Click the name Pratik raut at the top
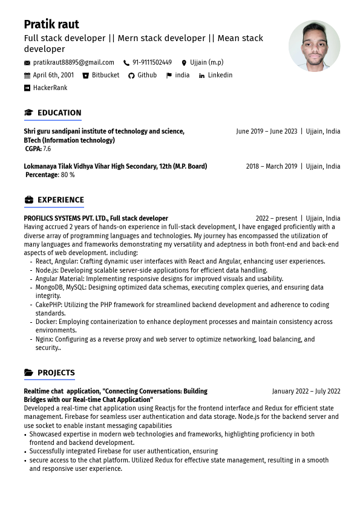point(51,24)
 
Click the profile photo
point(314,46)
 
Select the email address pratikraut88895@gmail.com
point(73,62)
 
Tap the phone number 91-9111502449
point(152,62)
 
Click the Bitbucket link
point(105,76)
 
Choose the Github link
point(147,76)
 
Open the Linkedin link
point(220,76)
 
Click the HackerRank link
point(50,88)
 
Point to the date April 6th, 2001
point(53,76)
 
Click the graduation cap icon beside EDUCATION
point(28,112)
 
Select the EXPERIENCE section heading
point(61,200)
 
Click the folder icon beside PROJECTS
point(28,373)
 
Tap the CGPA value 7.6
point(47,149)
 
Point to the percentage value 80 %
point(67,175)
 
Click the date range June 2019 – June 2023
point(266,131)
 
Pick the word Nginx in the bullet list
point(44,340)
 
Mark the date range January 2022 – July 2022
point(306,391)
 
